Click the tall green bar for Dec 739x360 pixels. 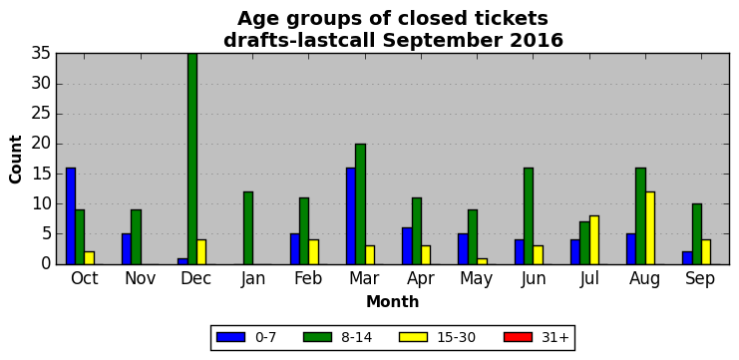[x=192, y=159]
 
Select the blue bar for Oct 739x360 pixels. [x=71, y=215]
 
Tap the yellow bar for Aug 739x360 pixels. [x=650, y=228]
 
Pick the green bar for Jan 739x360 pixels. [x=248, y=228]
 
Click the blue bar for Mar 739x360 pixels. [x=351, y=215]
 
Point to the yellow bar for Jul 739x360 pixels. [x=593, y=240]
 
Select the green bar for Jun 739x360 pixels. [x=529, y=215]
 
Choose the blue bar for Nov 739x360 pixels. [x=127, y=248]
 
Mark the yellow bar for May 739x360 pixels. [x=482, y=261]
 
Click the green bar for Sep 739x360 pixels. [x=696, y=233]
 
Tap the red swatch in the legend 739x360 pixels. [x=518, y=337]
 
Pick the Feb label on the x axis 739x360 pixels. [x=308, y=278]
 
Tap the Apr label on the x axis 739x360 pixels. [x=421, y=279]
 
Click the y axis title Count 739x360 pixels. [x=16, y=160]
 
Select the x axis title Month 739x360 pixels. [x=393, y=301]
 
